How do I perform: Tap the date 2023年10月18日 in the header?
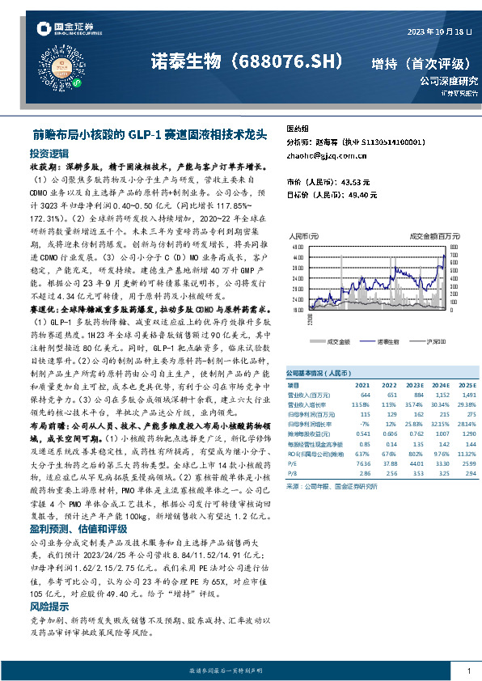click(438, 32)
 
